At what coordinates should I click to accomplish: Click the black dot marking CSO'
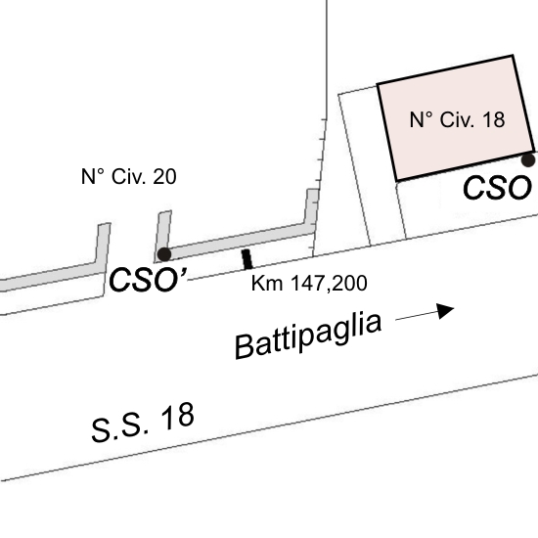pyautogui.click(x=164, y=254)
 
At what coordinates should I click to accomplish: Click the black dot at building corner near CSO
pyautogui.click(x=528, y=159)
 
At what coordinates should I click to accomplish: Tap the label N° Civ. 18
pyautogui.click(x=457, y=119)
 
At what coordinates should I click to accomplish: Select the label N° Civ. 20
pyautogui.click(x=129, y=176)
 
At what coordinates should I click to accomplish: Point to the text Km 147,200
pyautogui.click(x=309, y=284)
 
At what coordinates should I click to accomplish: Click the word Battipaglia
pyautogui.click(x=308, y=336)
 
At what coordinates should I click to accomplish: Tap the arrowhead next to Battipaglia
pyautogui.click(x=445, y=310)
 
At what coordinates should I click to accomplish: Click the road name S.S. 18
pyautogui.click(x=143, y=423)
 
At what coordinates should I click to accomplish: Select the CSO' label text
pyautogui.click(x=148, y=280)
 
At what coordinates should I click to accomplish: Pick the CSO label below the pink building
pyautogui.click(x=497, y=188)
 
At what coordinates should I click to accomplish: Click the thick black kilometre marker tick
pyautogui.click(x=247, y=259)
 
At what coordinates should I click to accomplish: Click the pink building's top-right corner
pyautogui.click(x=513, y=55)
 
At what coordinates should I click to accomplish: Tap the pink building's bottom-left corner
pyautogui.click(x=397, y=180)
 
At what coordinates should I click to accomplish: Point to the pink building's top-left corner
pyautogui.click(x=378, y=84)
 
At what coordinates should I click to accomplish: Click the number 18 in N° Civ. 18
pyautogui.click(x=493, y=120)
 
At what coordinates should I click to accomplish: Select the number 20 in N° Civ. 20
pyautogui.click(x=164, y=176)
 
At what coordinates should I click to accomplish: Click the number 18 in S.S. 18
pyautogui.click(x=177, y=417)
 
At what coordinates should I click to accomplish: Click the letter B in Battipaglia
pyautogui.click(x=245, y=346)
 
